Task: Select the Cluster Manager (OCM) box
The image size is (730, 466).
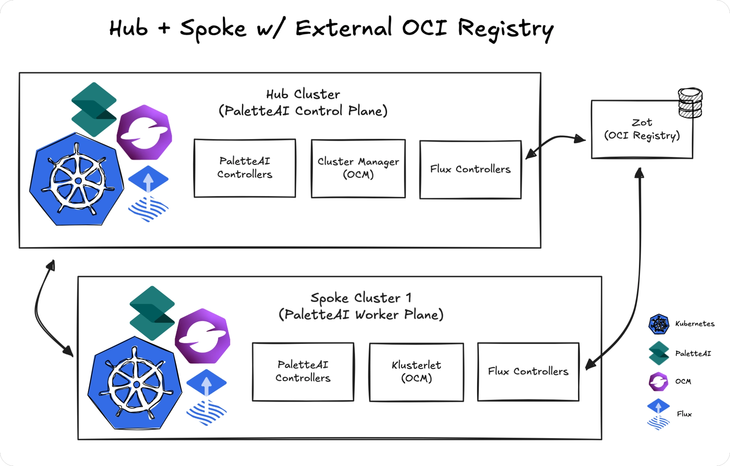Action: [358, 168]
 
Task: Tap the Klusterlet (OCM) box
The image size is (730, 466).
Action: [416, 372]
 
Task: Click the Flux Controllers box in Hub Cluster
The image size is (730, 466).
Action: [470, 170]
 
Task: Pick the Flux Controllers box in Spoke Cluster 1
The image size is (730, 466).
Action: [528, 372]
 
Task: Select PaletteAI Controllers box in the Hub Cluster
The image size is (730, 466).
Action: [245, 168]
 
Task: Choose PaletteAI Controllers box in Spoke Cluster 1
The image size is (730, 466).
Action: [303, 372]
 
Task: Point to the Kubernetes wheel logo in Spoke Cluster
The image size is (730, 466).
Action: [136, 384]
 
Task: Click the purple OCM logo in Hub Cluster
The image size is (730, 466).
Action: [144, 132]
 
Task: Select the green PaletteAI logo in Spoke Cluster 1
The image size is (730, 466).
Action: [152, 312]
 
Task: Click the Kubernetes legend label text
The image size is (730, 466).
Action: [694, 324]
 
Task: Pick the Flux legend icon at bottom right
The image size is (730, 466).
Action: [658, 414]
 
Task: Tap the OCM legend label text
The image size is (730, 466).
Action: [683, 382]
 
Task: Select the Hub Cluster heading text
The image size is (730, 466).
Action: [303, 95]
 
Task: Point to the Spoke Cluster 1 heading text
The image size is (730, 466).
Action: [361, 298]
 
